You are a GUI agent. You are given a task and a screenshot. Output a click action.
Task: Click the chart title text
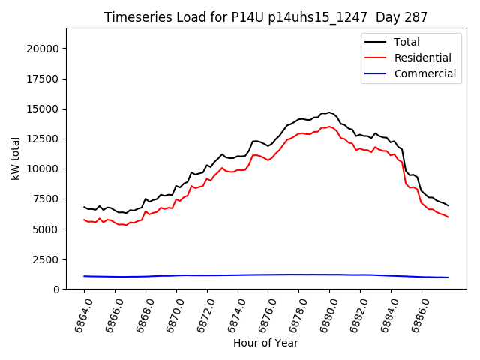(x=265, y=17)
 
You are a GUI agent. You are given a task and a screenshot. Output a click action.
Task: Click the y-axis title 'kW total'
(x=16, y=158)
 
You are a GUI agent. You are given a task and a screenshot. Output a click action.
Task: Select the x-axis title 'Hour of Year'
(x=265, y=343)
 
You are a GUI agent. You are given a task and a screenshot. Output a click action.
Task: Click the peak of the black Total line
(x=329, y=112)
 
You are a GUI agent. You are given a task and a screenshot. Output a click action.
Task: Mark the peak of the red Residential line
(x=329, y=127)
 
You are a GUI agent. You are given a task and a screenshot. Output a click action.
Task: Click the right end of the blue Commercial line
(x=448, y=277)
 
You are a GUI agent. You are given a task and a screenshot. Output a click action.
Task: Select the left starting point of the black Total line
(x=84, y=207)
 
